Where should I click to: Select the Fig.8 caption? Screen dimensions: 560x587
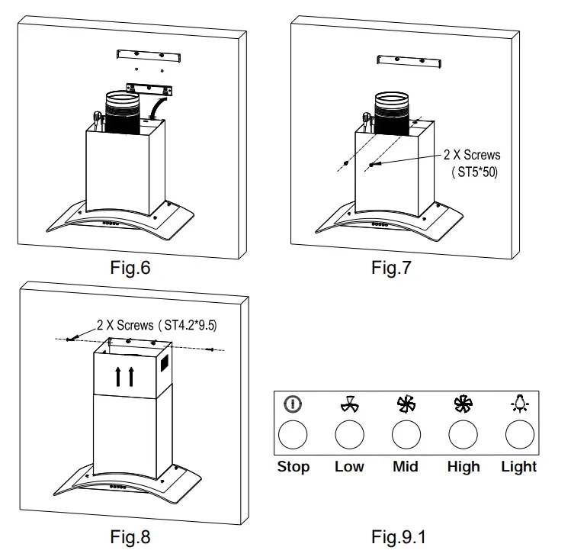[130, 537]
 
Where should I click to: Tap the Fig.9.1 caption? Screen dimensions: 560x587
[399, 537]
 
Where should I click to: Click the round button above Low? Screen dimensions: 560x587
[350, 435]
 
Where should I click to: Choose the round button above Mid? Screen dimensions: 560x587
[406, 435]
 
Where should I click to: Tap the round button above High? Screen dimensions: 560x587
[463, 435]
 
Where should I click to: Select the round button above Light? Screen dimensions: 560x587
[520, 435]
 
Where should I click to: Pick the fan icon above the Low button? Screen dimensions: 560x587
[350, 405]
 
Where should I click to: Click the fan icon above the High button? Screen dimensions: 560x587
[463, 405]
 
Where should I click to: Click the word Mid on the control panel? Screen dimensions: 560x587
[406, 466]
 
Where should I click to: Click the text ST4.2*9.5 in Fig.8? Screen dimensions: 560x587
[188, 325]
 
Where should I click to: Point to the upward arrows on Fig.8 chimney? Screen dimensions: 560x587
[125, 375]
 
